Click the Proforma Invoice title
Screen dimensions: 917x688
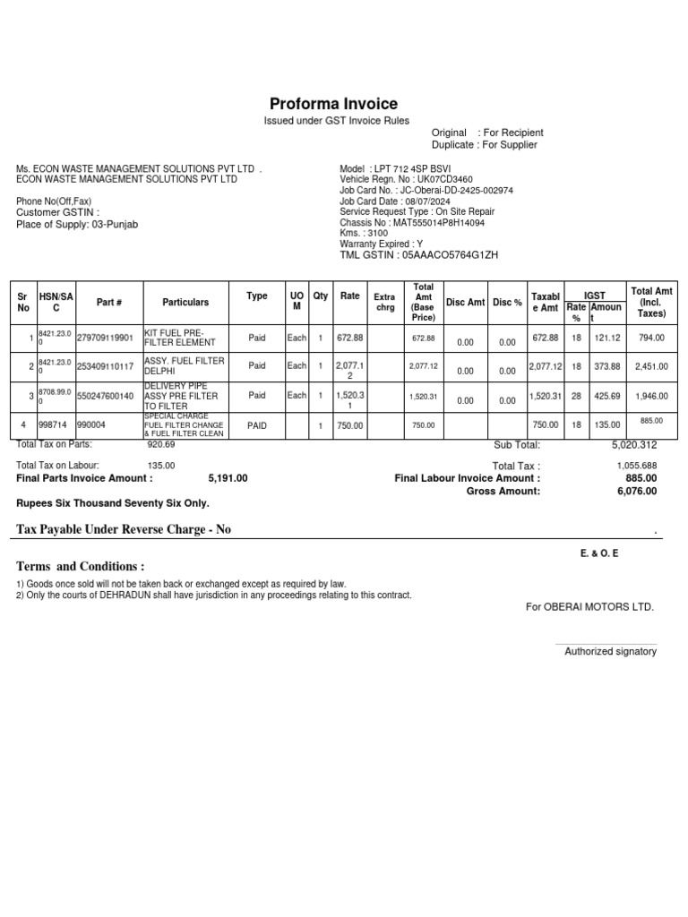click(333, 104)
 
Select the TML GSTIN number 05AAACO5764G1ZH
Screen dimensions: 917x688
click(450, 255)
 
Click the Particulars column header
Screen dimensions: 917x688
click(185, 303)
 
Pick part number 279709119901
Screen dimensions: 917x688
click(105, 338)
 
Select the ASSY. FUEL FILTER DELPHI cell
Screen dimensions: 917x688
click(184, 365)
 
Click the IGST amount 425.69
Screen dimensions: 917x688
click(607, 396)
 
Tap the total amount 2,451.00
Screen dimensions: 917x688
click(651, 366)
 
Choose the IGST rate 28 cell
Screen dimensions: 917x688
click(577, 396)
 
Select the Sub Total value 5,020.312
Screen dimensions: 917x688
click(634, 445)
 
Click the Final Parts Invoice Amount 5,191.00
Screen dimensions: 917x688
click(228, 479)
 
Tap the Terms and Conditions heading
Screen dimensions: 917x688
click(80, 567)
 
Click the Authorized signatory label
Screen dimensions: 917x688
click(610, 651)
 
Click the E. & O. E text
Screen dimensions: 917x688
click(599, 553)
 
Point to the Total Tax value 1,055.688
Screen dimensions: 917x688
click(637, 466)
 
